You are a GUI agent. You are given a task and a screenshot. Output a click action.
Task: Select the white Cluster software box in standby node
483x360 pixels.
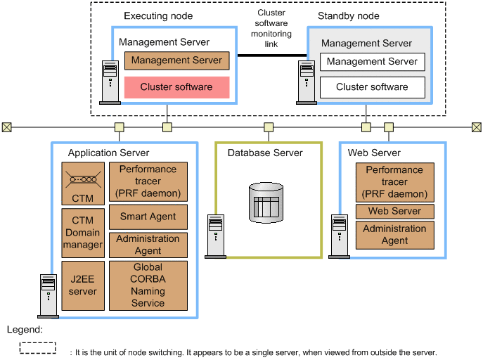[372, 87]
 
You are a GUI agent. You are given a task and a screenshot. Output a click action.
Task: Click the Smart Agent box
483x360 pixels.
[148, 217]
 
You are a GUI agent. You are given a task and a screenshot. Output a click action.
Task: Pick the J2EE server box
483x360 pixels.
[82, 285]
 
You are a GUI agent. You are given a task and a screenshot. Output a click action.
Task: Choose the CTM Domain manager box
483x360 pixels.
[82, 233]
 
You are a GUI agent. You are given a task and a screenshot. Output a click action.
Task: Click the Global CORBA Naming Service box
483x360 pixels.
[148, 285]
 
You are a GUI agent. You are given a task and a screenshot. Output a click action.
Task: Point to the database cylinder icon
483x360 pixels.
[268, 201]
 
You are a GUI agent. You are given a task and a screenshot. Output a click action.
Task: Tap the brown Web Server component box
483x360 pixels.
[394, 211]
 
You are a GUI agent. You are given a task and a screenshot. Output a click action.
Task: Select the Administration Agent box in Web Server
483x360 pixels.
[394, 234]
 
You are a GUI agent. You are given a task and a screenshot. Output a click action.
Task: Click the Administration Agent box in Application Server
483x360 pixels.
[148, 245]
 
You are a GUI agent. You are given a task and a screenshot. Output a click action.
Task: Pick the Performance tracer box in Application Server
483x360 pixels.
[148, 181]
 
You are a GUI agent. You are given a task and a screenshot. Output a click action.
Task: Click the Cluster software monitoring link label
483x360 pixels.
[271, 29]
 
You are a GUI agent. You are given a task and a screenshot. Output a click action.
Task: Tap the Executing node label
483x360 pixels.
[158, 15]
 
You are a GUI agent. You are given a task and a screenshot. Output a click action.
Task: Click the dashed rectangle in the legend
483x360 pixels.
[38, 347]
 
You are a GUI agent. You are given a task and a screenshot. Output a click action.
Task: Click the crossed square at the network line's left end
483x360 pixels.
[7, 127]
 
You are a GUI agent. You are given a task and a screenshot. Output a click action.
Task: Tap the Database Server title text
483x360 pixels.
[265, 153]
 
